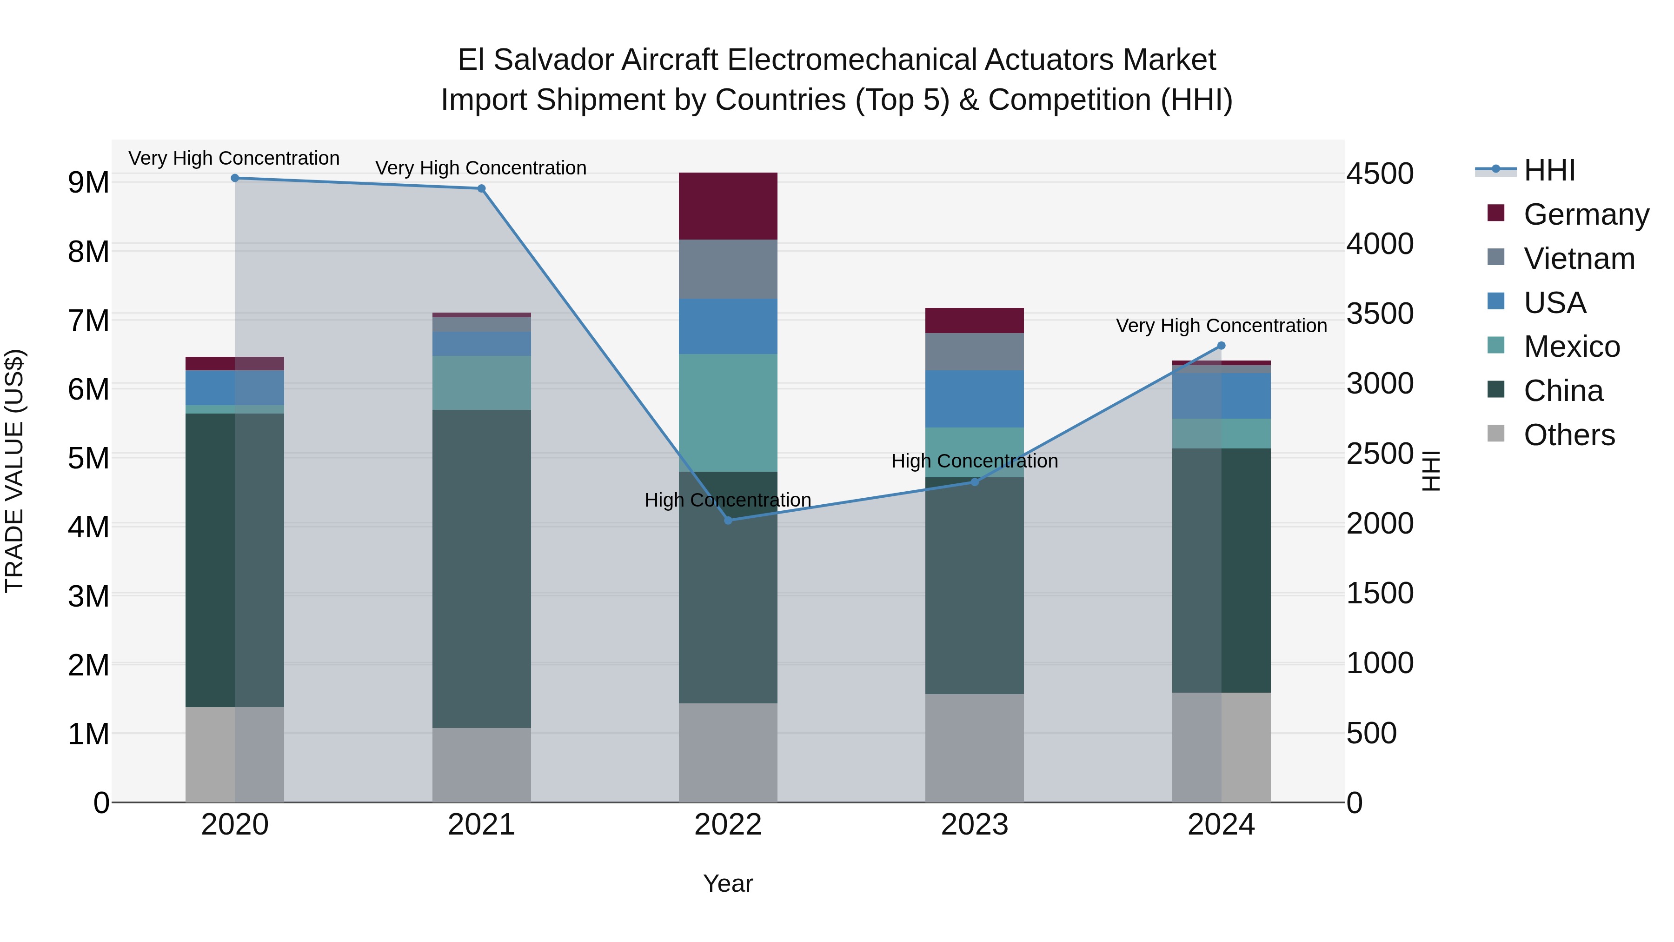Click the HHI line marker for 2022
coord(728,520)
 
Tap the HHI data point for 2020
coord(235,178)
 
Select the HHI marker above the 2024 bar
coord(1221,346)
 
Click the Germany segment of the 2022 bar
coord(728,206)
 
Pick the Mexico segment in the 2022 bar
coord(728,413)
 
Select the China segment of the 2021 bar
coord(482,569)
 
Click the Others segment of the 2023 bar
coord(974,748)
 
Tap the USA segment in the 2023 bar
coord(974,399)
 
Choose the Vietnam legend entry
coord(1579,259)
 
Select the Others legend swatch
coord(1496,434)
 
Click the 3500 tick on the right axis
coord(1379,314)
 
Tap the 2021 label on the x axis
coord(482,825)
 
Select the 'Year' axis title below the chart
coord(728,883)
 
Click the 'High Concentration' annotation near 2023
coord(974,461)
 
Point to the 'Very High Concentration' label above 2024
coord(1221,326)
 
